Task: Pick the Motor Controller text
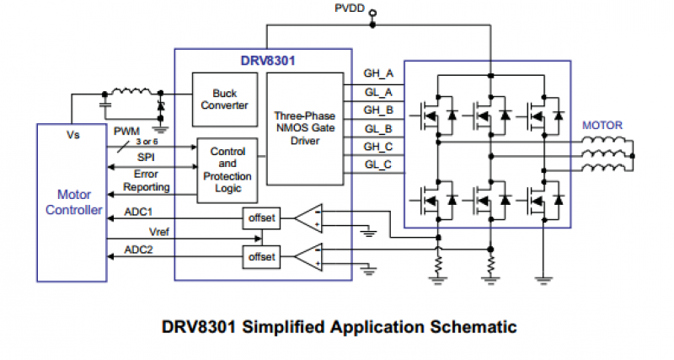click(x=72, y=202)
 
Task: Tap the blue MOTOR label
click(x=602, y=126)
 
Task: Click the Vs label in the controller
click(x=72, y=135)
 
